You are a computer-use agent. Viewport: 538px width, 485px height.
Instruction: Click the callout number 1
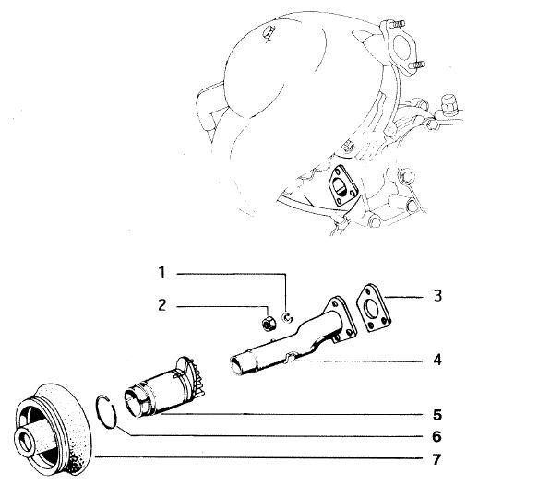161,272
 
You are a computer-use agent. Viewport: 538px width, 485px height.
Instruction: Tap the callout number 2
161,304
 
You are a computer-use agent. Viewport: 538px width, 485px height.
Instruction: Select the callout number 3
437,296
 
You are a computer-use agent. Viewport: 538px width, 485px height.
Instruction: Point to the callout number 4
437,360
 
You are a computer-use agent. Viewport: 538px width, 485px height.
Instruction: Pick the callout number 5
437,415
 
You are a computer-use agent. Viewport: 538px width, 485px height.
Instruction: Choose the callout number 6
436,436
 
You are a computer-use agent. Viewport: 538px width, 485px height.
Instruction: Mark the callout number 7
436,459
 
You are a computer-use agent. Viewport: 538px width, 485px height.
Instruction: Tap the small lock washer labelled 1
287,318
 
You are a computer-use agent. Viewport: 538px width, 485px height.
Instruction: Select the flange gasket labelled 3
374,308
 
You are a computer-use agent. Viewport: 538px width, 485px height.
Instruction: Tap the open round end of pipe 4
236,365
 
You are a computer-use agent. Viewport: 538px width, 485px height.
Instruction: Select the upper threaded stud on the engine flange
397,24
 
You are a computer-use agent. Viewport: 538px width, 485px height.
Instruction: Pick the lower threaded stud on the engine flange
417,65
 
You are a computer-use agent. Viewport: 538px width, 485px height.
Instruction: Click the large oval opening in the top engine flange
401,45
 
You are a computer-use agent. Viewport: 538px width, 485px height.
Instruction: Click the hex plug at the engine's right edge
448,103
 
